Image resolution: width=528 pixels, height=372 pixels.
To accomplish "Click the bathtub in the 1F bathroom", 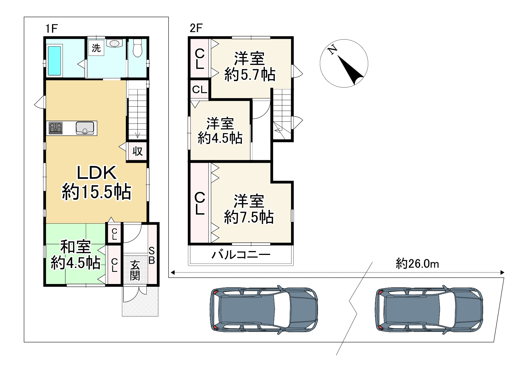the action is [x=55, y=61].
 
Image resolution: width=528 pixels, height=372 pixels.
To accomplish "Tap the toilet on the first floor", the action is [x=138, y=48].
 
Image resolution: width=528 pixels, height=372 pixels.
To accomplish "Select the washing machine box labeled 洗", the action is [x=96, y=48].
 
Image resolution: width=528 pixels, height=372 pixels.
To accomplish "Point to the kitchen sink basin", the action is [x=85, y=128].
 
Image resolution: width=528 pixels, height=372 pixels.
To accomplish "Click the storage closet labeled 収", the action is [x=137, y=151].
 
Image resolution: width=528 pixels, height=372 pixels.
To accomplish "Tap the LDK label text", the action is [x=97, y=173].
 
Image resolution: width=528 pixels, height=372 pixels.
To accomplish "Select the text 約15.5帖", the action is [x=96, y=192].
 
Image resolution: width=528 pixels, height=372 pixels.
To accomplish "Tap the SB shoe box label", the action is [x=152, y=255].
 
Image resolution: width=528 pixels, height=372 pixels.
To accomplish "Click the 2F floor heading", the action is [x=196, y=28].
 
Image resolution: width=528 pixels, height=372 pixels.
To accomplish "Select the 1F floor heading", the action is [x=51, y=29].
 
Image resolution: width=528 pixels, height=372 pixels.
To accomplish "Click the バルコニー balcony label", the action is [x=241, y=254].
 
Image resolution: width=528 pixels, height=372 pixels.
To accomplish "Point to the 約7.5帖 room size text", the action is [x=249, y=217].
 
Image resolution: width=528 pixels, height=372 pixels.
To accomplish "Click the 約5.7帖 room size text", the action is [x=250, y=74].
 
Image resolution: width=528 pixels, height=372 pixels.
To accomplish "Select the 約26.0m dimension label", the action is [x=417, y=263].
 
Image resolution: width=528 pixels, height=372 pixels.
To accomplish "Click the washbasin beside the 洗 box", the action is [x=114, y=43].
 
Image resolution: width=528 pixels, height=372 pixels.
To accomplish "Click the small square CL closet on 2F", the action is [x=200, y=89].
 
